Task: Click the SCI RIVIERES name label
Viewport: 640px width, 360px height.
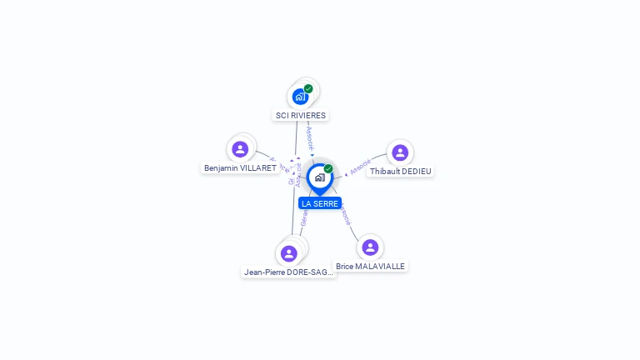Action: [x=301, y=115]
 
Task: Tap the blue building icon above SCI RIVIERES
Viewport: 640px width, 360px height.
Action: [x=300, y=97]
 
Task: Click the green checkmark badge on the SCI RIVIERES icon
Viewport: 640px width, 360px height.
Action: [x=308, y=88]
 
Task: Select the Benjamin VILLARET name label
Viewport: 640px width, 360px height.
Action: [x=240, y=167]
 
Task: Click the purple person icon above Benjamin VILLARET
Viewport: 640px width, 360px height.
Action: [x=240, y=149]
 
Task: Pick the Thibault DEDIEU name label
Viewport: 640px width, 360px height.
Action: [x=401, y=171]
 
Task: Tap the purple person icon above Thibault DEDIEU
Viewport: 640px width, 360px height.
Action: [x=400, y=152]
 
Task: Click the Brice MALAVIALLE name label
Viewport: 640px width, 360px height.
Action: [x=370, y=266]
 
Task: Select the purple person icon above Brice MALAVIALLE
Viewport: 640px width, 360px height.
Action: [x=370, y=247]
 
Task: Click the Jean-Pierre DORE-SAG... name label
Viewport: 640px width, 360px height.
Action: [x=288, y=272]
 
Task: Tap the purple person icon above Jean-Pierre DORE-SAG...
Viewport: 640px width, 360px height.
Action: [x=289, y=253]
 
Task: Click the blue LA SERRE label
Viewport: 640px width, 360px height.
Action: [x=320, y=203]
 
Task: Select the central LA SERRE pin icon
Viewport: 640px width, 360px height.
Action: [x=319, y=178]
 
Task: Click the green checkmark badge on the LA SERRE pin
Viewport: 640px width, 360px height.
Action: [x=328, y=169]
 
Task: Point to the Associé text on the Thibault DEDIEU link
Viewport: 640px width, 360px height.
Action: [x=360, y=167]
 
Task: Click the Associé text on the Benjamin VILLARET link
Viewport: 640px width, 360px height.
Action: [x=278, y=163]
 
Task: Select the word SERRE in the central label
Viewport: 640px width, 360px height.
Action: [x=326, y=203]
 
